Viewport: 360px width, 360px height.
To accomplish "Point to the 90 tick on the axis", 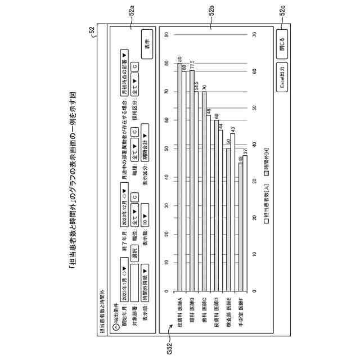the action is [x=167, y=34].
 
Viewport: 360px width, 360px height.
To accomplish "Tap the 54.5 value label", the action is [x=197, y=86].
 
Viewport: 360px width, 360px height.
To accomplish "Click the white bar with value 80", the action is [x=180, y=178].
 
